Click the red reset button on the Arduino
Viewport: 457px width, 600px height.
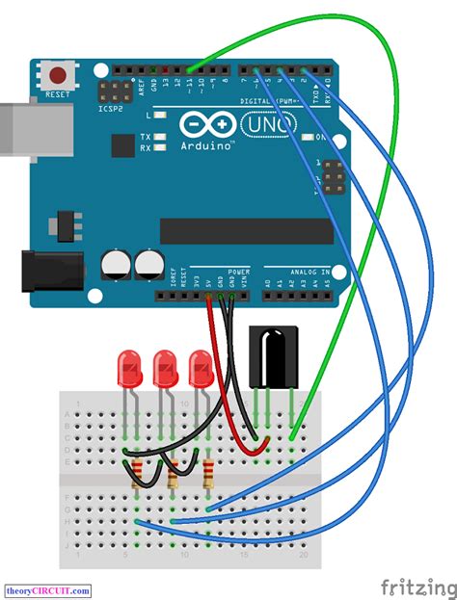59,74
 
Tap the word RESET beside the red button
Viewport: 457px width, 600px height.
58,95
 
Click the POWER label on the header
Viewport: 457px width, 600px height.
238,272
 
